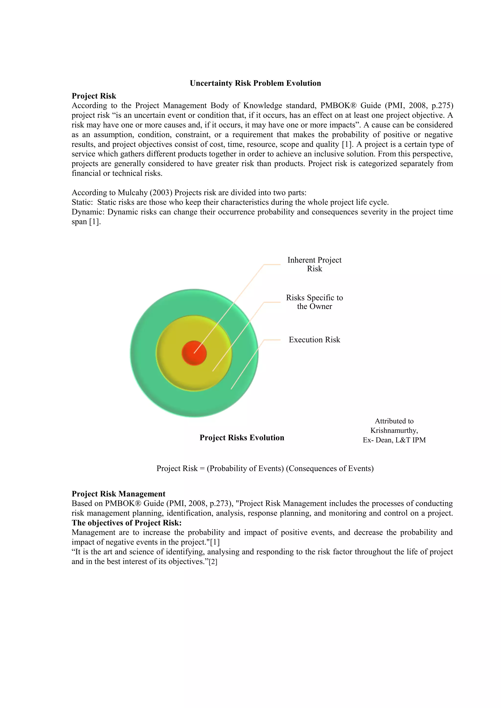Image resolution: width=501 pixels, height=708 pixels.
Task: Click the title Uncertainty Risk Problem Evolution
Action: [x=255, y=83]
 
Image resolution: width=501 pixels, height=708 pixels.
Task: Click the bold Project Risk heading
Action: [x=94, y=96]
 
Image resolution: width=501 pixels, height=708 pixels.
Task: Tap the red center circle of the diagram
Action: [x=194, y=353]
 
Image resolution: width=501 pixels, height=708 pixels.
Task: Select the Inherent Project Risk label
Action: [x=314, y=264]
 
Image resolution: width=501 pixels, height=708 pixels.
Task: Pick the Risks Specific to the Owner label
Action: [x=314, y=302]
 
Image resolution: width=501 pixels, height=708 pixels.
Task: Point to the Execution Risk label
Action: [x=314, y=340]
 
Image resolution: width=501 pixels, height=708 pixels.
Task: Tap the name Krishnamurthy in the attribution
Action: [x=394, y=431]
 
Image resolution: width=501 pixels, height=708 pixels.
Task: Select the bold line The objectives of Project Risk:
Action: [x=126, y=523]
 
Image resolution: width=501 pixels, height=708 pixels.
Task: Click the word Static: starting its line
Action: [x=82, y=202]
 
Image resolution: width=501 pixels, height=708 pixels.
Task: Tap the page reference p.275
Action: [x=442, y=106]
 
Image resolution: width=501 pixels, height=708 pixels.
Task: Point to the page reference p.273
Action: [x=220, y=504]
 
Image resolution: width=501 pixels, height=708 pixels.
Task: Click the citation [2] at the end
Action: [x=213, y=562]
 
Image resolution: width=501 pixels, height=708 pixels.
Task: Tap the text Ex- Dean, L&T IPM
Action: [x=394, y=440]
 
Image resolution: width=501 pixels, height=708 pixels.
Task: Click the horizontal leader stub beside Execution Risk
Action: [x=272, y=340]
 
